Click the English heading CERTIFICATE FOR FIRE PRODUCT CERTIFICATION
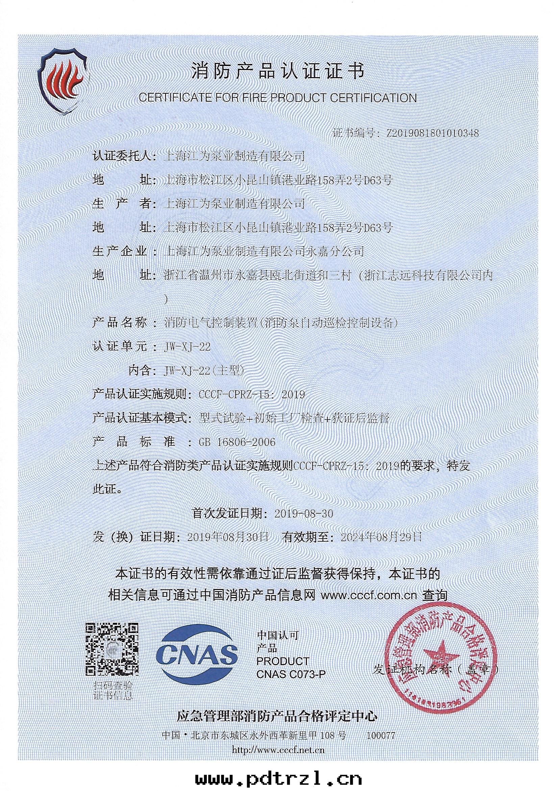277,98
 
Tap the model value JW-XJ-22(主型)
205,370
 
